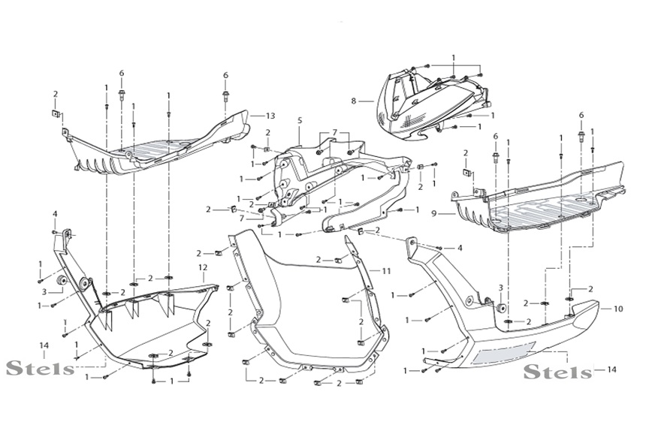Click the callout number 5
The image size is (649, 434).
pos(299,119)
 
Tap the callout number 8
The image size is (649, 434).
pos(352,100)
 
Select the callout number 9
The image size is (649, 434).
pos(434,213)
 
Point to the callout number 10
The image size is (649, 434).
pos(618,308)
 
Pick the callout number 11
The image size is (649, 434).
pos(386,270)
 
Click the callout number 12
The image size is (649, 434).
pos(202,267)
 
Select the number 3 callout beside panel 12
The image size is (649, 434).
pos(44,291)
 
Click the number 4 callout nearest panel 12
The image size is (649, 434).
pos(55,215)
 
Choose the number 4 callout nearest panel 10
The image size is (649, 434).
pos(460,247)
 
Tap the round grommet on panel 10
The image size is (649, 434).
pos(500,309)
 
